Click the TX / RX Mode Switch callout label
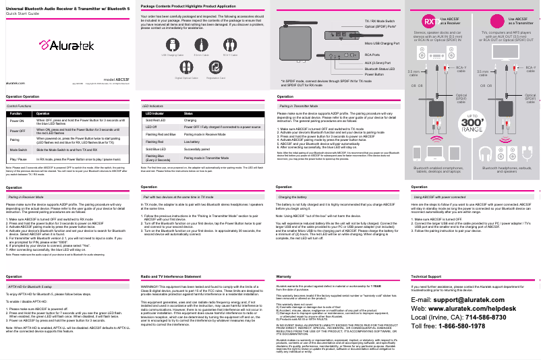(380, 22)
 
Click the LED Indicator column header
(154, 114)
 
